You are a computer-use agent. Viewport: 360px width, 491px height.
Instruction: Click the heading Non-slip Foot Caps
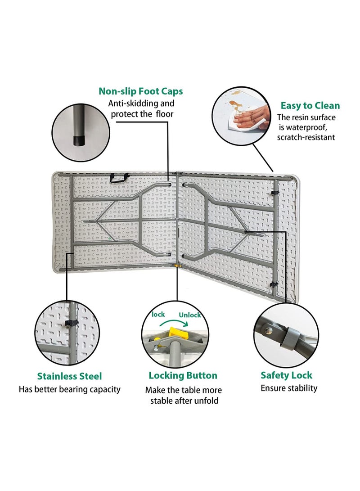coord(140,91)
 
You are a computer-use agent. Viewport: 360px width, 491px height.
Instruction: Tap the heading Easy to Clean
coord(310,105)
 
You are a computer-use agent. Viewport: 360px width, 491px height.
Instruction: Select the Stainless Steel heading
coord(69,376)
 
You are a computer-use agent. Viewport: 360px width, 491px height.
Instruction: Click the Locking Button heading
coord(183,375)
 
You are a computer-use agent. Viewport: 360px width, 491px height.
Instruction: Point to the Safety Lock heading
coord(287,375)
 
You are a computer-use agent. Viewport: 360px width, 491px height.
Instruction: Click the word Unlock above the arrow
coord(190,315)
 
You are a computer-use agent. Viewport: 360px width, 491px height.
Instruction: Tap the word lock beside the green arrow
coord(158,315)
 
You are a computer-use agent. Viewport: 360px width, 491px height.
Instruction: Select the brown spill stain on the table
coord(234,104)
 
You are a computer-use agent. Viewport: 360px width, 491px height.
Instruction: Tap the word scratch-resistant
coord(306,137)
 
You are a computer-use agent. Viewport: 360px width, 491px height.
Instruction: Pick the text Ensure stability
coord(289,388)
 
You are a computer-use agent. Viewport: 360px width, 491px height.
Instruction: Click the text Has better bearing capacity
coord(69,390)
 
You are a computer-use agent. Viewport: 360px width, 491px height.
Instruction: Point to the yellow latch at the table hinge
coord(177,266)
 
